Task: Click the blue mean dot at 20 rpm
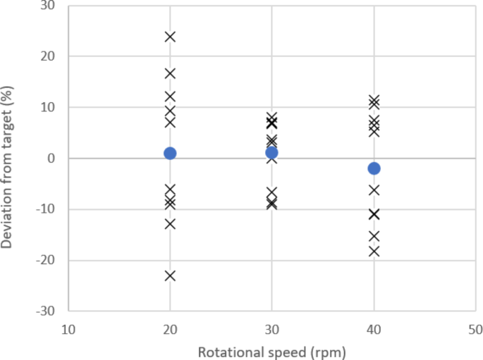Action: point(170,153)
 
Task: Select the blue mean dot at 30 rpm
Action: point(271,152)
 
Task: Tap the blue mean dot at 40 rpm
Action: point(374,168)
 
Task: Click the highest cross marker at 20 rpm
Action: point(170,37)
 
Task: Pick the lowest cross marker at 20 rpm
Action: point(170,275)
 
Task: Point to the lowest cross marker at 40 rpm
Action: point(374,251)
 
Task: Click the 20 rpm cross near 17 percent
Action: point(170,73)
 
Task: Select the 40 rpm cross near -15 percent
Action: point(374,236)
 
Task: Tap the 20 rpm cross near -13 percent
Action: point(170,224)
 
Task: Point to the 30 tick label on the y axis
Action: point(54,6)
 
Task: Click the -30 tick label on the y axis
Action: point(51,311)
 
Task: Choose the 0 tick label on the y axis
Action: point(57,159)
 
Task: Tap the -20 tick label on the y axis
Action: point(51,260)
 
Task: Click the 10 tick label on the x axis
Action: point(68,329)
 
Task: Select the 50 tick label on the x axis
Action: point(475,329)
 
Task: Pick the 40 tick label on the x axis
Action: point(374,329)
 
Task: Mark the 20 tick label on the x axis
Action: point(170,329)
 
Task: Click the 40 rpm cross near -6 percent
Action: point(374,190)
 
